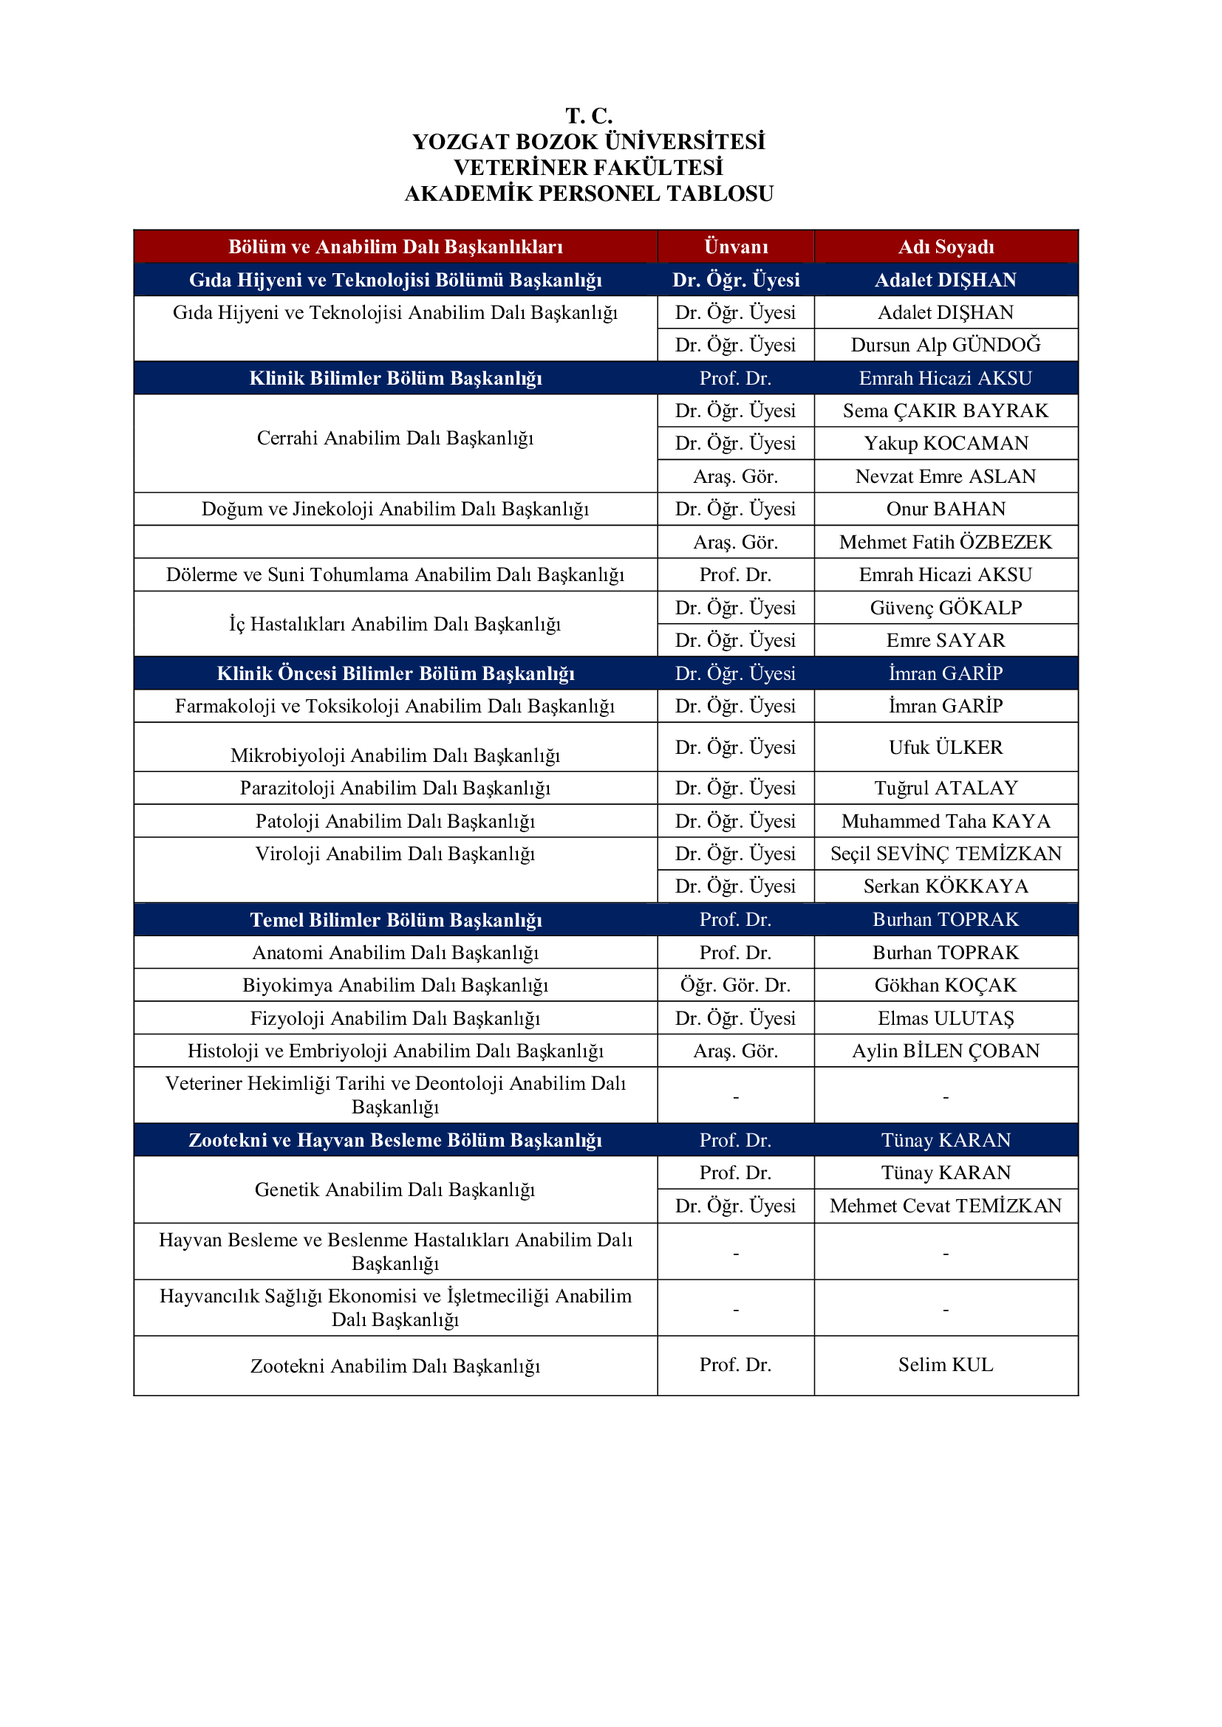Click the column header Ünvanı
click(735, 247)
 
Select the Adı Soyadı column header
click(945, 247)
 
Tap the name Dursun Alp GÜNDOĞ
click(945, 345)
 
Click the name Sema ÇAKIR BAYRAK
click(945, 411)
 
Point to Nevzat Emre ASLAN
click(945, 476)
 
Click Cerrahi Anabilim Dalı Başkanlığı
click(395, 438)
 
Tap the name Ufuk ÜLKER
click(945, 747)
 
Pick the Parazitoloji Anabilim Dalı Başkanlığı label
click(395, 788)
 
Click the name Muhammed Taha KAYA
click(945, 820)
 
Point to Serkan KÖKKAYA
click(945, 886)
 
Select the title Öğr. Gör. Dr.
click(735, 985)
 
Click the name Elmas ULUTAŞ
click(945, 1017)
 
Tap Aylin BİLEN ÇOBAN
click(945, 1051)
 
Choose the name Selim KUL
click(945, 1364)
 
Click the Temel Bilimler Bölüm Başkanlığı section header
click(395, 919)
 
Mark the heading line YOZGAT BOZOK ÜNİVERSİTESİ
click(588, 142)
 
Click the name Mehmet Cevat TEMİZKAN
click(945, 1206)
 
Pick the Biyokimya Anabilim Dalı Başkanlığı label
click(395, 985)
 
